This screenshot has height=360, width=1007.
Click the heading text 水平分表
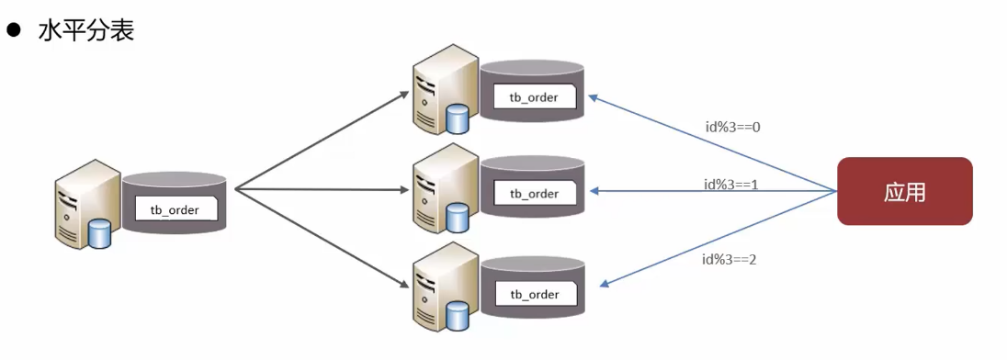pyautogui.click(x=86, y=29)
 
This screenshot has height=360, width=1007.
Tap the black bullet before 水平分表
pyautogui.click(x=15, y=29)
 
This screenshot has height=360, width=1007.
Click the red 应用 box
pyautogui.click(x=905, y=191)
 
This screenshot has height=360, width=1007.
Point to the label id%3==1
pyautogui.click(x=731, y=185)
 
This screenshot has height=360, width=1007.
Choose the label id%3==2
pyautogui.click(x=730, y=260)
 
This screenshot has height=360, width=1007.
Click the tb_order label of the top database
pyautogui.click(x=534, y=97)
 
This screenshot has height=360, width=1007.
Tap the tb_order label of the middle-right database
pyautogui.click(x=534, y=194)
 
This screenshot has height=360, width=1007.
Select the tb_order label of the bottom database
pyautogui.click(x=534, y=295)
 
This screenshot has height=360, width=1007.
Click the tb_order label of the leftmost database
pyautogui.click(x=175, y=209)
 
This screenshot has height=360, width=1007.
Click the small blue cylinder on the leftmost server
pyautogui.click(x=99, y=233)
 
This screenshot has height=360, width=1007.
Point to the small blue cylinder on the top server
pyautogui.click(x=458, y=119)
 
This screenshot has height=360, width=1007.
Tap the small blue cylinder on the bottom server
pyautogui.click(x=458, y=316)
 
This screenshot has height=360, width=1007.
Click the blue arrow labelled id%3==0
pyautogui.click(x=712, y=143)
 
